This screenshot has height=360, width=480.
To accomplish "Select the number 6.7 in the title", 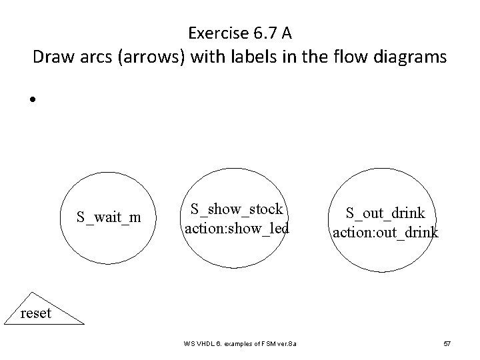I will [261, 32].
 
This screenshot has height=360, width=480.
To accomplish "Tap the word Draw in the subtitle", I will [51, 58].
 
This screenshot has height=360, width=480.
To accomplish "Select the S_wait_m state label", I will [108, 217].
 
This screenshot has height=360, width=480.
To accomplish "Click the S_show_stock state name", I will [237, 209].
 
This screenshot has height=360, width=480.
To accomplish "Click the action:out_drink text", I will [386, 232].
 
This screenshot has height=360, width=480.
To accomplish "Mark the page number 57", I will [447, 344].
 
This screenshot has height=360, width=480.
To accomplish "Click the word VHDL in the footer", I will [209, 344].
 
